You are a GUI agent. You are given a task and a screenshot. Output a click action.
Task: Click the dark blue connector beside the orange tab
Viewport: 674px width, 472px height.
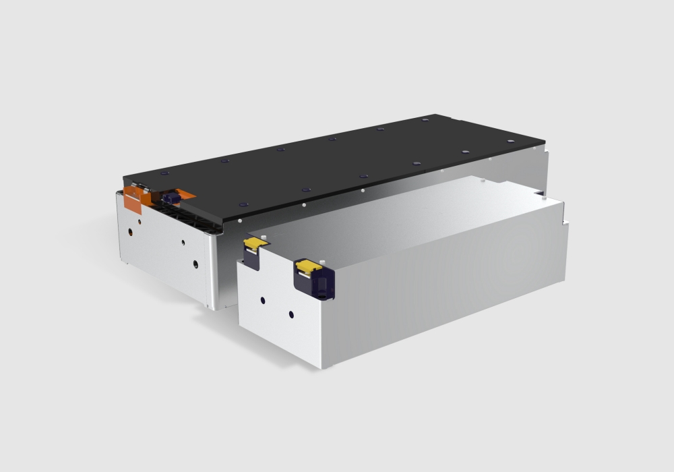[170, 196]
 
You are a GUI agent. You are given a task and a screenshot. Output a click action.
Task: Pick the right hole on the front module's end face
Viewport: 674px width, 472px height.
[291, 314]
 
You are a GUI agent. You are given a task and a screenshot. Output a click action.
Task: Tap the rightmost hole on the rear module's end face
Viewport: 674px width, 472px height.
[195, 263]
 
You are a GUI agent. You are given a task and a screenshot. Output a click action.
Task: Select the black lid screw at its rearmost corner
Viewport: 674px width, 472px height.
[425, 119]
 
